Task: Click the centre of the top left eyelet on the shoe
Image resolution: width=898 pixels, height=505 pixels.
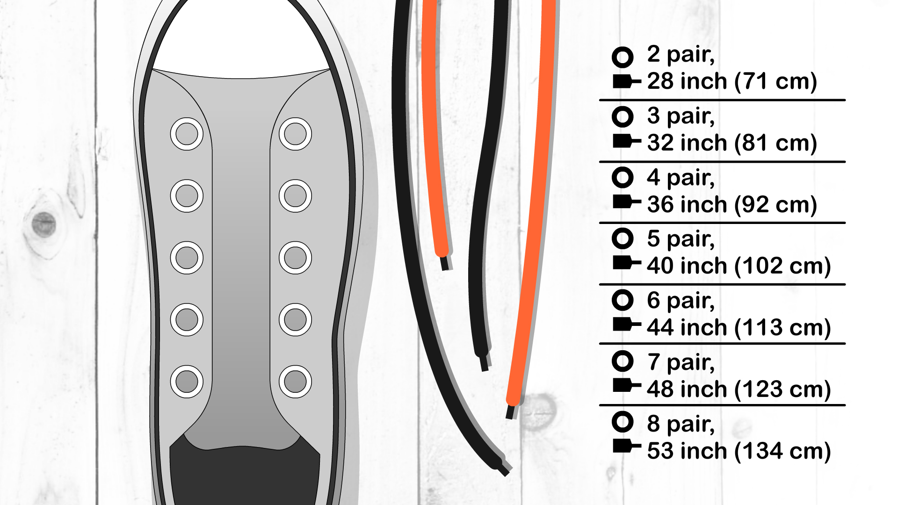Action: tap(187, 134)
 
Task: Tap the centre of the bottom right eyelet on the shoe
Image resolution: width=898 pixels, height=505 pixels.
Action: tap(295, 382)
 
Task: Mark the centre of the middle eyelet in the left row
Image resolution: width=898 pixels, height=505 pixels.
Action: tap(187, 258)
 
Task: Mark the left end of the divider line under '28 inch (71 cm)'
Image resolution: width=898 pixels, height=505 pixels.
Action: tap(600, 100)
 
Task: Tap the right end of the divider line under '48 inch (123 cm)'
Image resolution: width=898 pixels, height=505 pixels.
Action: tap(846, 405)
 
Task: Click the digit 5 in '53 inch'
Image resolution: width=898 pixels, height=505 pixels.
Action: tap(653, 451)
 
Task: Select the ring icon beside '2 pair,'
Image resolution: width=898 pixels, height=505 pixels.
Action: tap(623, 57)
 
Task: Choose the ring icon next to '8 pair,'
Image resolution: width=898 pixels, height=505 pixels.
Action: tap(623, 422)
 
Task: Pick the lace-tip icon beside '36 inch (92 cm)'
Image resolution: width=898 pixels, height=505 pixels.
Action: tap(627, 202)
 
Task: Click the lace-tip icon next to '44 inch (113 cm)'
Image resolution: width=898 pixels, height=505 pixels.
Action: tap(627, 324)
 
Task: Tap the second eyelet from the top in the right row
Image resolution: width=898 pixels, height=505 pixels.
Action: tap(295, 195)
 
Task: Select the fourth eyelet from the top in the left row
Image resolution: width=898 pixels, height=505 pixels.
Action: tap(187, 319)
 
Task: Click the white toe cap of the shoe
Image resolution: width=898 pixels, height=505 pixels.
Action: tap(241, 37)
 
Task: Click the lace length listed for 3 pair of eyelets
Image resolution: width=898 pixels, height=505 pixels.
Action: tap(732, 143)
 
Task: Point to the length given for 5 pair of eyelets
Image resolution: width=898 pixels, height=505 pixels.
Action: tap(739, 266)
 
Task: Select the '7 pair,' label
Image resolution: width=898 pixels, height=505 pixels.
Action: tap(681, 362)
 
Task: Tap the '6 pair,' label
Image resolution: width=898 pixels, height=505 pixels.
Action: tap(681, 301)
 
